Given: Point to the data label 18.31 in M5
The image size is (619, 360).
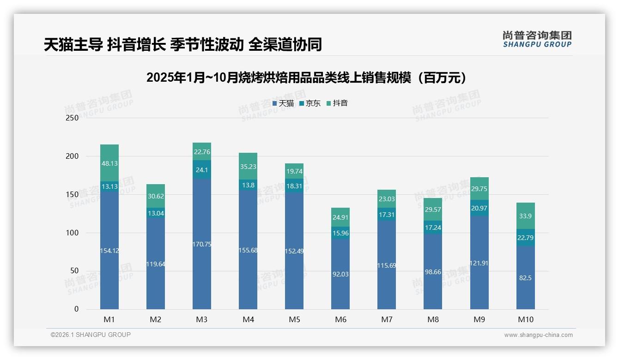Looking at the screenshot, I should (x=294, y=186).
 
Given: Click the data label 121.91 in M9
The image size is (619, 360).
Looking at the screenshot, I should (x=479, y=263).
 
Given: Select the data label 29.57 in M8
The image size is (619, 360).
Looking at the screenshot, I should (x=433, y=210).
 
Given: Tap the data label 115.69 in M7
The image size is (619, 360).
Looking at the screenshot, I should (x=387, y=265).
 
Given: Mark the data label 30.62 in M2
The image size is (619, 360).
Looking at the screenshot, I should (x=156, y=196).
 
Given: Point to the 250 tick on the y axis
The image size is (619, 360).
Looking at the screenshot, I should (x=73, y=118).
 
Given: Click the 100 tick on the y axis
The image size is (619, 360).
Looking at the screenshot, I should (x=73, y=233).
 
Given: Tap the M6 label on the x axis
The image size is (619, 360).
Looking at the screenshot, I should (x=340, y=319).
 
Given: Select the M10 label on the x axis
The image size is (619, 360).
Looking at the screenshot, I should (x=526, y=319).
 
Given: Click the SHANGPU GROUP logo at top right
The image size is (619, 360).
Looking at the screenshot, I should (x=537, y=39).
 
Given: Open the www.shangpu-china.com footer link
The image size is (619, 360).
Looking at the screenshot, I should (x=538, y=335).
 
